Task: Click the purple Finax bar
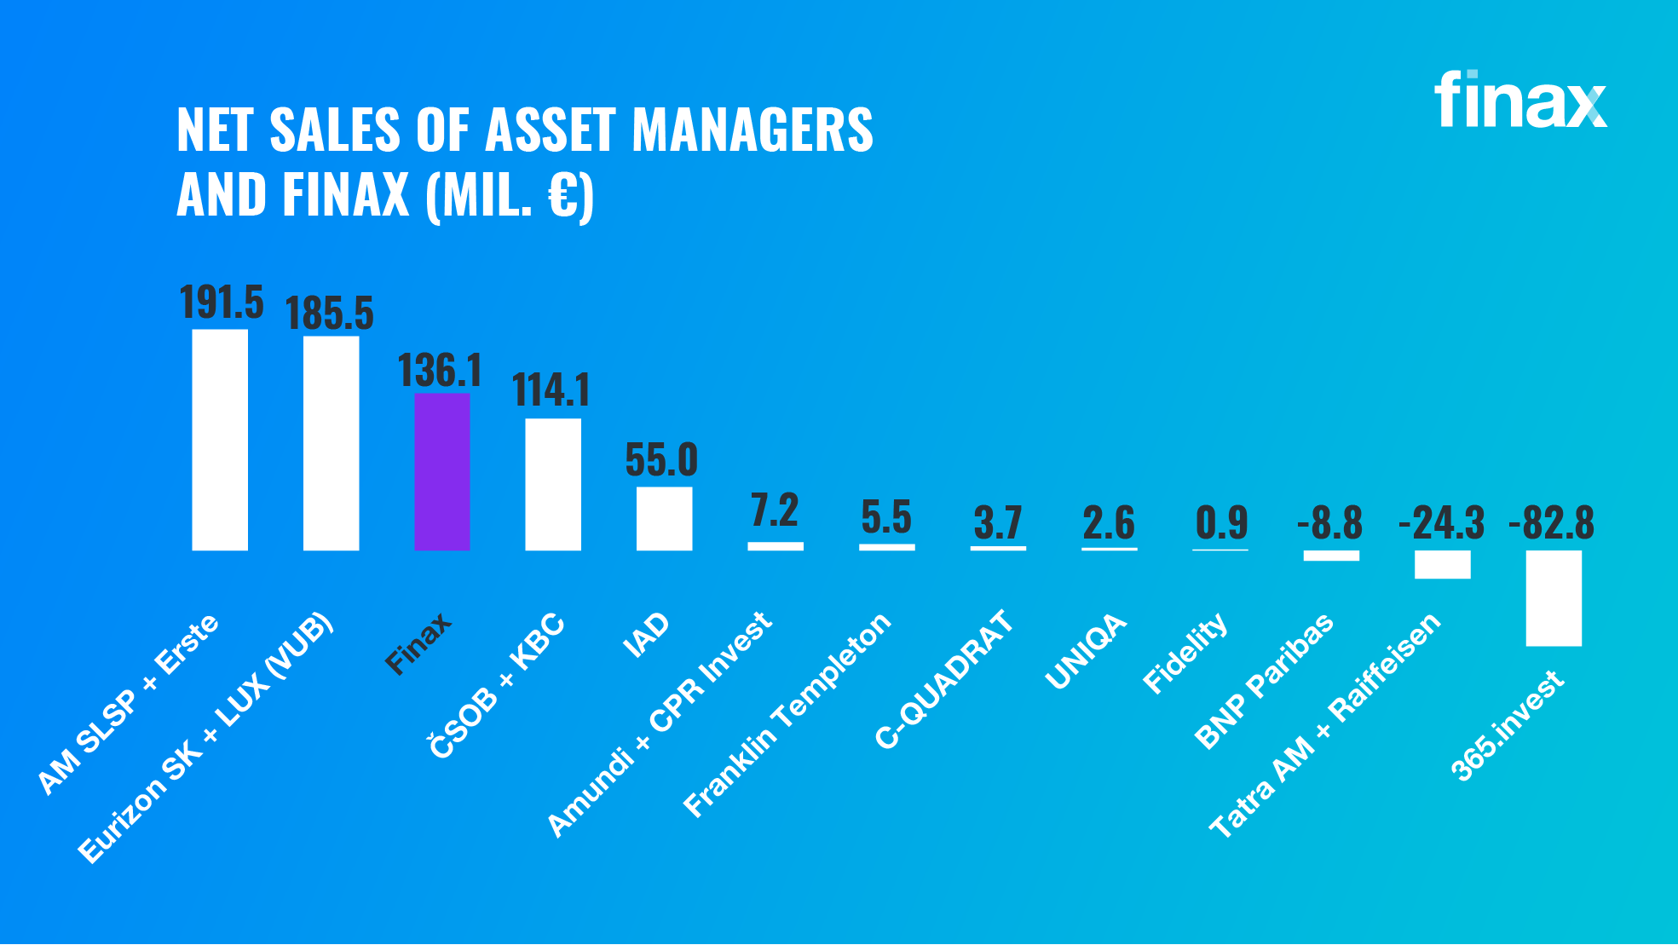pos(441,471)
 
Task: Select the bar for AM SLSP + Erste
pos(220,440)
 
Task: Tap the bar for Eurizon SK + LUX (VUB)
pos(331,443)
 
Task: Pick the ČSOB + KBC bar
pos(553,484)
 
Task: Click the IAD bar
pos(664,518)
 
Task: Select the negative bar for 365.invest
pos(1553,597)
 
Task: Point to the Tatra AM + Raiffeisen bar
pos(1442,564)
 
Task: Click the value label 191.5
pos(222,303)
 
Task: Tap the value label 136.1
pos(440,371)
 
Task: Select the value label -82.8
pos(1551,522)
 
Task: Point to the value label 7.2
pos(775,510)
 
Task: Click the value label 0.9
pos(1221,522)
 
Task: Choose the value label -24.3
pos(1441,522)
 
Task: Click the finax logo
pos(1519,101)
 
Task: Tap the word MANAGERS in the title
pos(752,130)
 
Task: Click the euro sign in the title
pos(562,196)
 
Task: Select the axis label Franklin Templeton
pos(787,714)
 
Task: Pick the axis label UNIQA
pos(1086,650)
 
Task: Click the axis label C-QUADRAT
pos(944,679)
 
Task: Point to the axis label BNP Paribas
pos(1264,681)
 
